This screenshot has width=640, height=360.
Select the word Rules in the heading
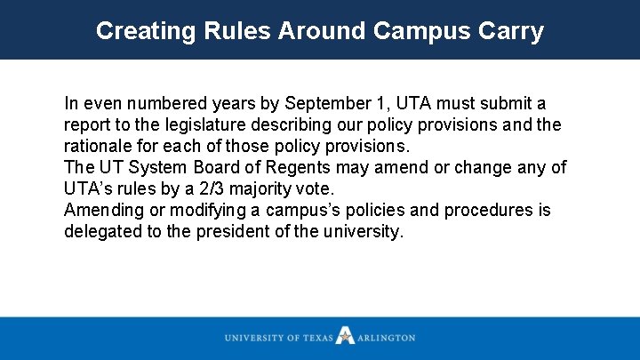coord(228,31)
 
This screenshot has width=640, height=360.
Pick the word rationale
coord(99,147)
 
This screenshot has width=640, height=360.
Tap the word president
coord(235,232)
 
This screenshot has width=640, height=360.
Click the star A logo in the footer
coord(345,336)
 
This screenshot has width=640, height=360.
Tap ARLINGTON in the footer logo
coord(386,338)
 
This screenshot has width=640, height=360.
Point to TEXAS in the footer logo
coord(317,338)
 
